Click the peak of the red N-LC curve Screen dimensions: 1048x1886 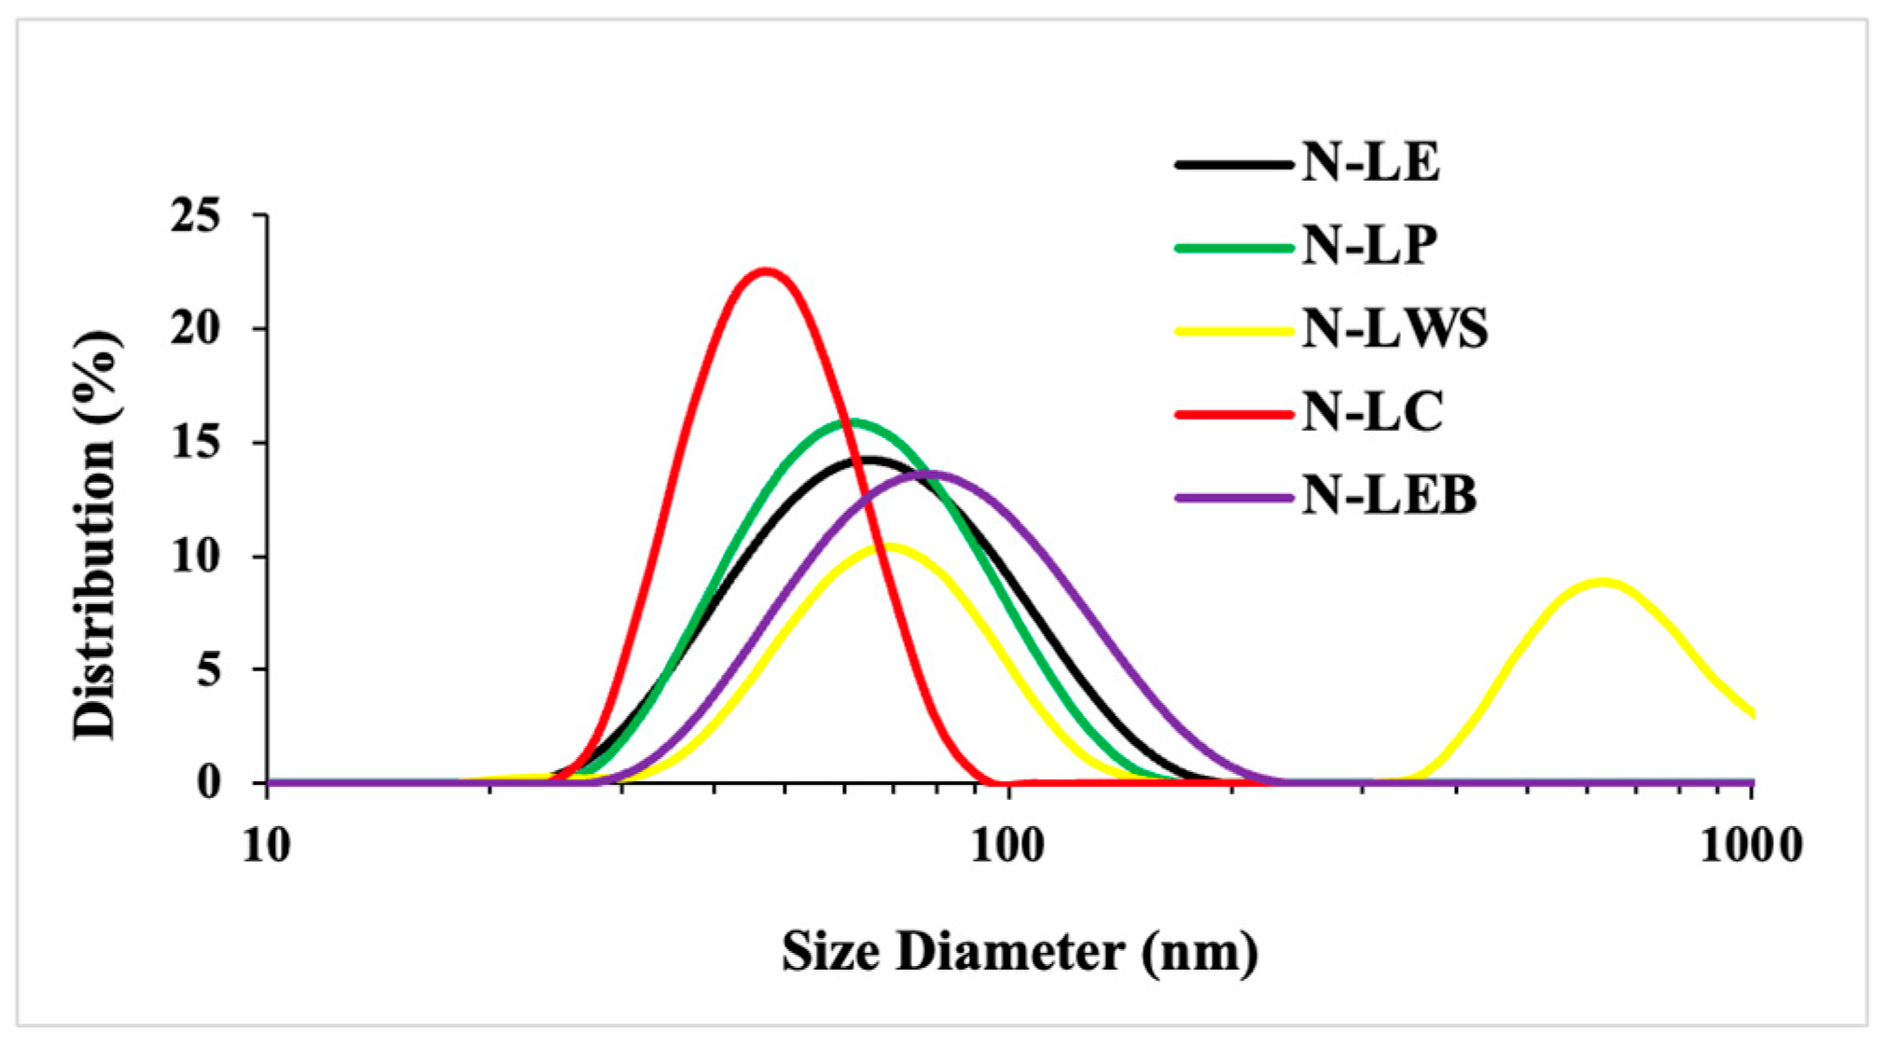click(766, 271)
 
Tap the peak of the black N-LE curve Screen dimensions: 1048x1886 click(869, 460)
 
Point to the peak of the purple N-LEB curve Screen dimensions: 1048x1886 click(930, 474)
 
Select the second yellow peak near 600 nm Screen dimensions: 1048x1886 click(1602, 583)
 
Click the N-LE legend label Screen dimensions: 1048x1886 click(1370, 162)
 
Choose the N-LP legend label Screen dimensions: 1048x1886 click(1368, 245)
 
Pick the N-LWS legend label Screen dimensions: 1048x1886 click(1394, 328)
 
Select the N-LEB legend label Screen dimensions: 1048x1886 click(1389, 495)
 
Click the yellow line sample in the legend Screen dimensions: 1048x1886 click(1234, 330)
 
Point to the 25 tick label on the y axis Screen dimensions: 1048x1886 click(196, 215)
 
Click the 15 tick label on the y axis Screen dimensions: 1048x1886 click(196, 442)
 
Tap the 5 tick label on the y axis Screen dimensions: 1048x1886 click(209, 669)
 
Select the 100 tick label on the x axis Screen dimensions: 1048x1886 click(1006, 846)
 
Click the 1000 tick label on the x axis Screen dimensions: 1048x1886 click(1751, 846)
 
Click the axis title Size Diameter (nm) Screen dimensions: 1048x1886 click(1019, 953)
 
